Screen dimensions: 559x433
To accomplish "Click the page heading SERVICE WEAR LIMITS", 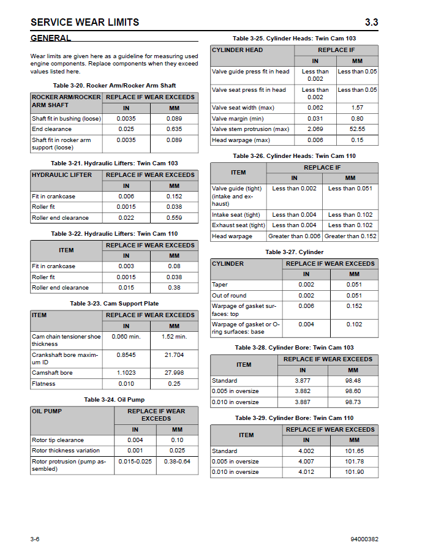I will (85, 23).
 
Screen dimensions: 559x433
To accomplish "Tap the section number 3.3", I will (371, 23).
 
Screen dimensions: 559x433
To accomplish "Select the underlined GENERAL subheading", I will (51, 38).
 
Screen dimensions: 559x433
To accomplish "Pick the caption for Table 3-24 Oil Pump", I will (115, 400).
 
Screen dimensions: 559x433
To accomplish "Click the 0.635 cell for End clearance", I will (174, 129).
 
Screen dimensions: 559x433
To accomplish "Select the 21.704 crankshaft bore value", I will (174, 355).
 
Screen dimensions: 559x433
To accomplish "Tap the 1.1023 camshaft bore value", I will (126, 373).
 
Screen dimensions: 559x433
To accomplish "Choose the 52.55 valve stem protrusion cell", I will (357, 129).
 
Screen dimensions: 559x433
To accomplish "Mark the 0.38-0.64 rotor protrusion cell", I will (177, 461).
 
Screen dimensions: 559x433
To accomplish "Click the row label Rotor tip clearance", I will (58, 440).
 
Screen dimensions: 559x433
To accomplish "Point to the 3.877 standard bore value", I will (303, 381).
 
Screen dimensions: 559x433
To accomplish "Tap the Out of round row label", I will (229, 296).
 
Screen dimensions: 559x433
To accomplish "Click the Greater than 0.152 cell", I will (350, 236).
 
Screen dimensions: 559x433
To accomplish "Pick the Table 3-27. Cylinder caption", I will (294, 252).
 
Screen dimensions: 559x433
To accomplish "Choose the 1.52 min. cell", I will (174, 337).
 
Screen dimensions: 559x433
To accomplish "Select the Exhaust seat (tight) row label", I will (238, 225).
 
